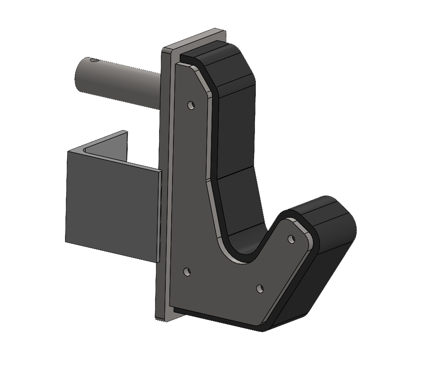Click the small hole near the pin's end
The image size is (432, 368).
click(93, 60)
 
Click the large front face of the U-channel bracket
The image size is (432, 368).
click(112, 206)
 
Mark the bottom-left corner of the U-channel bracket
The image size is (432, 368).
click(66, 241)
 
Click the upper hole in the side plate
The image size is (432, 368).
click(191, 105)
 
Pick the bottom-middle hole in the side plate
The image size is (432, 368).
click(260, 288)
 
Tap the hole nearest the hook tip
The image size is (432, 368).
click(291, 239)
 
